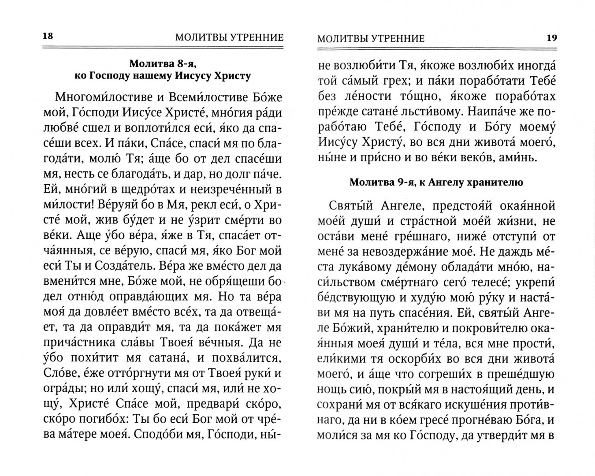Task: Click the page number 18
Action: [x=47, y=37]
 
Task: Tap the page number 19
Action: [x=551, y=37]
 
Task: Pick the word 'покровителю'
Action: [x=485, y=332]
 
